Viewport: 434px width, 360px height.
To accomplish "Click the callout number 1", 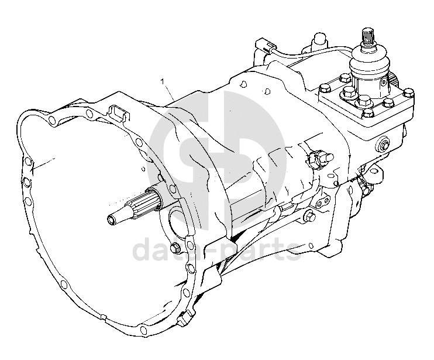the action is point(163,81).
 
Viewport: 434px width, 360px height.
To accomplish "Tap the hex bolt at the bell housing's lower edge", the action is point(175,248).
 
